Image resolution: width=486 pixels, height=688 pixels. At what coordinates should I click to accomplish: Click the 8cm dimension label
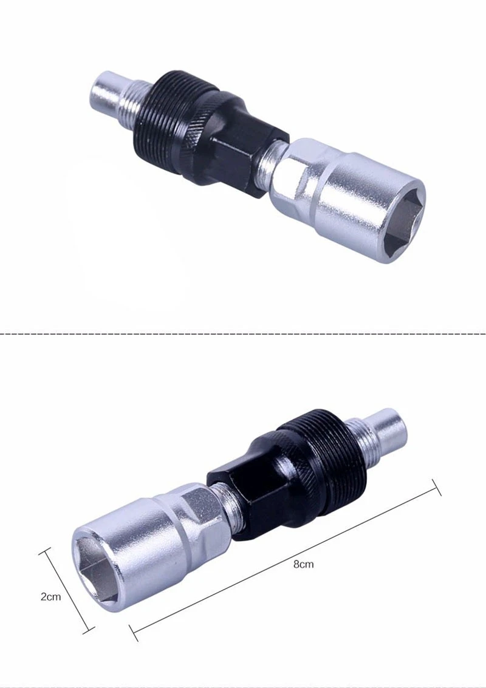pos(303,564)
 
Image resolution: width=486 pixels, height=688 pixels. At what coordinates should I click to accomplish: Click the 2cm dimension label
pos(50,597)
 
